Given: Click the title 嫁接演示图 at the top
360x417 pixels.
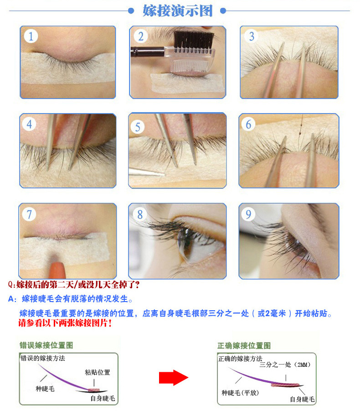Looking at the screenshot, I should [178, 10].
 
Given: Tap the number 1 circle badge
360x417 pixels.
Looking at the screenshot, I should [31, 36].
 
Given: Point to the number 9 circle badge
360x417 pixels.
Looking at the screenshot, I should [249, 214].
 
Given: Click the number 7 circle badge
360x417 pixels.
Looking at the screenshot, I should [29, 214].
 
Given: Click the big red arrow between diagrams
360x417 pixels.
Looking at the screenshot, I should [173, 377].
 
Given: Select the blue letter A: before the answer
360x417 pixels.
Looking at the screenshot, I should [13, 299].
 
